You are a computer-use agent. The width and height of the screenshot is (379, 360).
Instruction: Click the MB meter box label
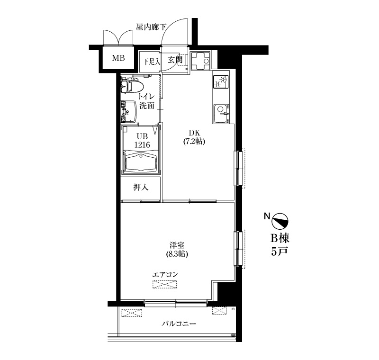coord(118,58)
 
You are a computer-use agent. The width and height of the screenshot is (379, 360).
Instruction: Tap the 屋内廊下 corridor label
coord(151,27)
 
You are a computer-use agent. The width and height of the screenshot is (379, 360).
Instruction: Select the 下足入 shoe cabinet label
coord(152,62)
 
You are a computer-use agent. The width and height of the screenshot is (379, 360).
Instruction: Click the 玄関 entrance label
coord(175,59)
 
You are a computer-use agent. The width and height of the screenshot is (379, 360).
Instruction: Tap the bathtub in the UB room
coord(140,162)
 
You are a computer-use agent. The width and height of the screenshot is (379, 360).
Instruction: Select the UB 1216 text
coord(142,141)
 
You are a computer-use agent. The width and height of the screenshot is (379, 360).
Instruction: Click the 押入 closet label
coord(141,187)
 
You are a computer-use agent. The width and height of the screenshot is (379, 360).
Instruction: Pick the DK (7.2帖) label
coord(194,137)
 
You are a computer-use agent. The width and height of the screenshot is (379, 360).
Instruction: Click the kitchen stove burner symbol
coord(221,81)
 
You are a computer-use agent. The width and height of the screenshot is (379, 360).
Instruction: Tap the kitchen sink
coord(221,114)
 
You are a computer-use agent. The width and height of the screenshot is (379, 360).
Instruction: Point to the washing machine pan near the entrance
coord(200,61)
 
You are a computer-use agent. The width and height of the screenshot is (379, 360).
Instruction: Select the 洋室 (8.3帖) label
coord(177,250)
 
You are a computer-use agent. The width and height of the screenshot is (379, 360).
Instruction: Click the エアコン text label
coord(165,275)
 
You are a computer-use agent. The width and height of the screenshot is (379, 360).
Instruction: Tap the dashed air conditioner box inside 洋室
coord(164,284)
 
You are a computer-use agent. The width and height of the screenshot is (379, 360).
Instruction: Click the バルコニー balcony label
coord(179,323)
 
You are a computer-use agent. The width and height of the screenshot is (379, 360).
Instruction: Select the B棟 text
coord(280,238)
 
